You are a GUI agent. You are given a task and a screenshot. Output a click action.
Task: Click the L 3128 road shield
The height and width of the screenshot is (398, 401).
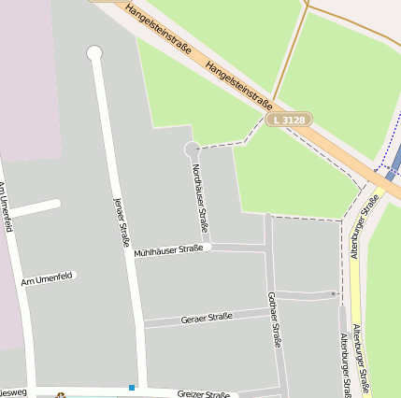click(289, 121)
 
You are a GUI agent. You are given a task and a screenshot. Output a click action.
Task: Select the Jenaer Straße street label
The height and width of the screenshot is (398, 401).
click(122, 221)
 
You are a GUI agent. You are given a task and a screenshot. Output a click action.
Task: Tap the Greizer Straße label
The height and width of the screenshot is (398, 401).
click(203, 394)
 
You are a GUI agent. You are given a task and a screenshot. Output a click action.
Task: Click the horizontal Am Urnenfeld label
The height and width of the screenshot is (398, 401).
click(46, 278)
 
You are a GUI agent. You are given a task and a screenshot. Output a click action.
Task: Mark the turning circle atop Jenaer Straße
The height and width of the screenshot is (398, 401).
click(94, 53)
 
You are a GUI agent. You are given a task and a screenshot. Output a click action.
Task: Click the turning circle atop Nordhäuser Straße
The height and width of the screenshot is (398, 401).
click(192, 149)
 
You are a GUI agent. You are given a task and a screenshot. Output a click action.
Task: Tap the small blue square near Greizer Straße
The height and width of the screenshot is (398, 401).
click(132, 387)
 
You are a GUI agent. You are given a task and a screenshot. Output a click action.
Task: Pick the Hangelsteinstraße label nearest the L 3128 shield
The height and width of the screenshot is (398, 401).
click(239, 86)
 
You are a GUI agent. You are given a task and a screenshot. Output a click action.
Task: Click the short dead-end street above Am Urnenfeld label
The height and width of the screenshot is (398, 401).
click(35, 208)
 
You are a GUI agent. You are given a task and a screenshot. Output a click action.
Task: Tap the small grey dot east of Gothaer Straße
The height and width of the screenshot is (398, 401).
click(334, 294)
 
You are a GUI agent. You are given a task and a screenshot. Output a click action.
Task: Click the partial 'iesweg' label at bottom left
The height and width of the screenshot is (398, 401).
click(13, 392)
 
